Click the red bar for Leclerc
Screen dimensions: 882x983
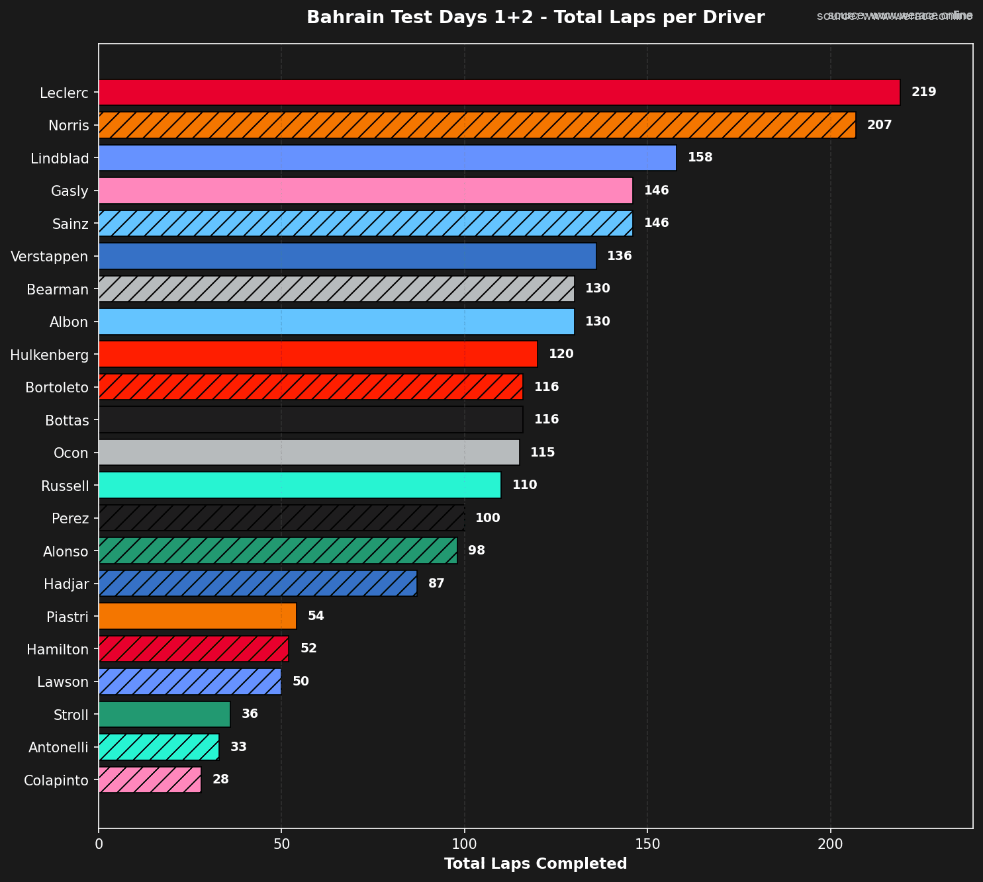click(x=499, y=92)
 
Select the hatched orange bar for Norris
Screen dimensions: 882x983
click(x=477, y=125)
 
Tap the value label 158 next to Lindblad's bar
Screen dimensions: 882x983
click(x=700, y=157)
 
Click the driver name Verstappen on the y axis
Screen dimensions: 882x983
click(x=50, y=256)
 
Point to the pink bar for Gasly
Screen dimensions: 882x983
click(x=365, y=191)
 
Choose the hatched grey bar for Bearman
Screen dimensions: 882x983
click(x=336, y=288)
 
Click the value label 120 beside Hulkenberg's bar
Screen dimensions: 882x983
click(x=561, y=354)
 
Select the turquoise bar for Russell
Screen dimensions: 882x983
click(x=300, y=485)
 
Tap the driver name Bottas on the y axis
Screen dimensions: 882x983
click(x=66, y=419)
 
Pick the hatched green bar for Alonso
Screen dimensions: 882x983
click(x=278, y=551)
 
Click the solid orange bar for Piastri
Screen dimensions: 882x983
click(x=197, y=616)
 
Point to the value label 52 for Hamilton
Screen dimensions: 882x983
click(x=308, y=648)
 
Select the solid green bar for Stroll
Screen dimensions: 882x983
click(x=164, y=715)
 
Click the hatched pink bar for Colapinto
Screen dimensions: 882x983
click(x=150, y=779)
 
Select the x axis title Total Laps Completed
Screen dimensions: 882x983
click(x=536, y=863)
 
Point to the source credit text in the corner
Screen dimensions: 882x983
click(x=894, y=15)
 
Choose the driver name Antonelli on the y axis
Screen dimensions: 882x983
click(x=58, y=747)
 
